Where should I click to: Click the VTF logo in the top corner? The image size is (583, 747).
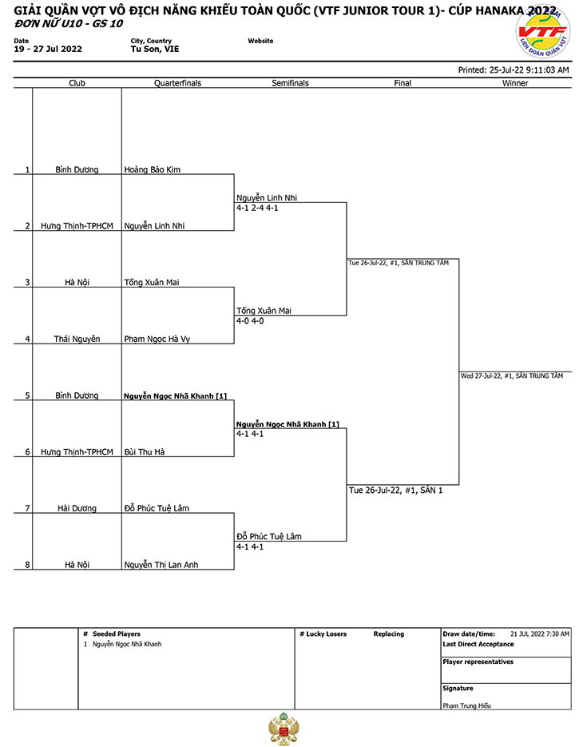(543, 31)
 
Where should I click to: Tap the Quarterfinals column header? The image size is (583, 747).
(177, 83)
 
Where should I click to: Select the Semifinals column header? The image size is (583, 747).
(290, 83)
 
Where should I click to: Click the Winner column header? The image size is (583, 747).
(515, 83)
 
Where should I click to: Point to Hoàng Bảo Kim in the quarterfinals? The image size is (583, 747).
(153, 169)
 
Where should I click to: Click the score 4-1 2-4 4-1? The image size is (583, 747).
(257, 208)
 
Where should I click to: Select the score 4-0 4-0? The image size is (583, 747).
(250, 320)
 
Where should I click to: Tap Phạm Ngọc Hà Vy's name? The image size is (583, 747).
(157, 339)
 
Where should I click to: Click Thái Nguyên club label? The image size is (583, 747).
(77, 339)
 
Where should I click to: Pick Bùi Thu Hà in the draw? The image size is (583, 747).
(145, 451)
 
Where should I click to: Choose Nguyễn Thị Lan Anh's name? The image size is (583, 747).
(161, 565)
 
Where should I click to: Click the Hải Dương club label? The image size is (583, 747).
(77, 508)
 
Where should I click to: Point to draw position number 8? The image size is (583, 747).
(27, 565)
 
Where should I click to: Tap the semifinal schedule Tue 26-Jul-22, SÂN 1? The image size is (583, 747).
(396, 491)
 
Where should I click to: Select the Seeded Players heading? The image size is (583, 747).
(117, 634)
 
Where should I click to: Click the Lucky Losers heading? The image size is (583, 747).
(327, 634)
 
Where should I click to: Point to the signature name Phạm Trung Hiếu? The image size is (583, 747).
(466, 705)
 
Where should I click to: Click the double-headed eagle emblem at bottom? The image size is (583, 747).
(284, 729)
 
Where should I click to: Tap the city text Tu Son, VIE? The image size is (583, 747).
(155, 49)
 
